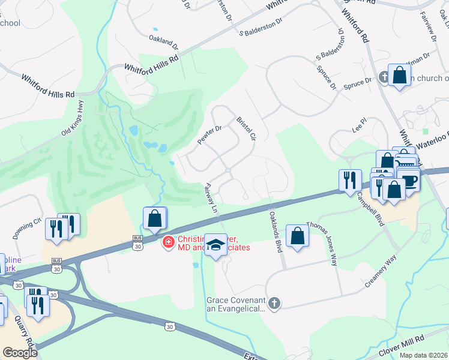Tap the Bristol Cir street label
247,128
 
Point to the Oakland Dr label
164,41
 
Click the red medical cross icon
169,242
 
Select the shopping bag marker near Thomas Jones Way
297,235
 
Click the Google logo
20,353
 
